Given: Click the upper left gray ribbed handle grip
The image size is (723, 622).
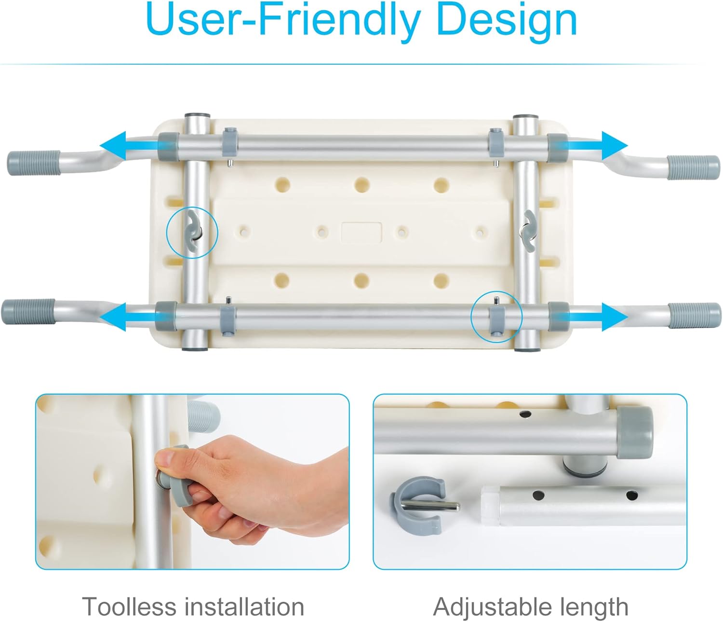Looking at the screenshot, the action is (34, 163).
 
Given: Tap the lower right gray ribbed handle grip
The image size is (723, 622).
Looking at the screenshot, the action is (695, 315).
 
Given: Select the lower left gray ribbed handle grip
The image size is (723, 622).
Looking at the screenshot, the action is (28, 312).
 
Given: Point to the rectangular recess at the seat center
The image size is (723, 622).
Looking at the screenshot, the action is (361, 232).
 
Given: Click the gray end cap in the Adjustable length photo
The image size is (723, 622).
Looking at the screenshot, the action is (634, 432).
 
